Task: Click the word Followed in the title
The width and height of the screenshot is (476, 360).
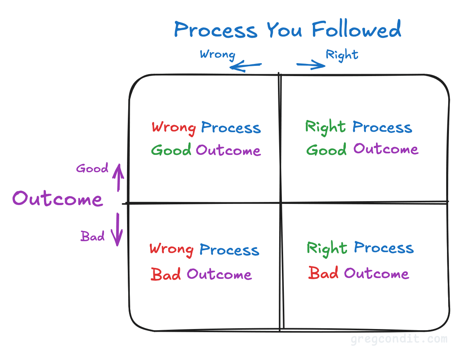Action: pos(356,29)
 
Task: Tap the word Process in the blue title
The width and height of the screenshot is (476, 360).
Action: pos(216,30)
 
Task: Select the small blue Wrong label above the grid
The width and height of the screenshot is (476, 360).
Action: pos(217,55)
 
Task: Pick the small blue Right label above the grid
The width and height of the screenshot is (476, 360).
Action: pos(342,55)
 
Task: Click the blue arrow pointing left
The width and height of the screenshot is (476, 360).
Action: pos(245,67)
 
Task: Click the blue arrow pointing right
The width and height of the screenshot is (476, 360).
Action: pos(311,65)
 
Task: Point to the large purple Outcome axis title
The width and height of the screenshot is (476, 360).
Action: pos(58,199)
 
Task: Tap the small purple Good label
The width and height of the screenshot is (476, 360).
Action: pos(92,169)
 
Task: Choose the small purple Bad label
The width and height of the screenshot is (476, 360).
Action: pos(93,236)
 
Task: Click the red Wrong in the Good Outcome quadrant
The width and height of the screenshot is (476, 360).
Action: pos(174,127)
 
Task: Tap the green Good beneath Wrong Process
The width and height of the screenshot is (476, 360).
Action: pos(171,150)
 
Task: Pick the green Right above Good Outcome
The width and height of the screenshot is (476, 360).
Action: pos(325,127)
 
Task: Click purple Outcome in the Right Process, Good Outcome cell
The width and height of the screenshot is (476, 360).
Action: pos(386,149)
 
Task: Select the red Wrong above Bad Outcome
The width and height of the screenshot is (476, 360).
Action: pos(171,249)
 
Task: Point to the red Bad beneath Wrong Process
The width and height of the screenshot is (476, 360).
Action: pos(166,274)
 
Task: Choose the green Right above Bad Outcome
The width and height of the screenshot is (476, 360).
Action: pos(327,248)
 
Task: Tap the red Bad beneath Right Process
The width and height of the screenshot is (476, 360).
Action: pos(323,273)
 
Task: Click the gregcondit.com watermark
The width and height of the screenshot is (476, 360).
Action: pos(399,339)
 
